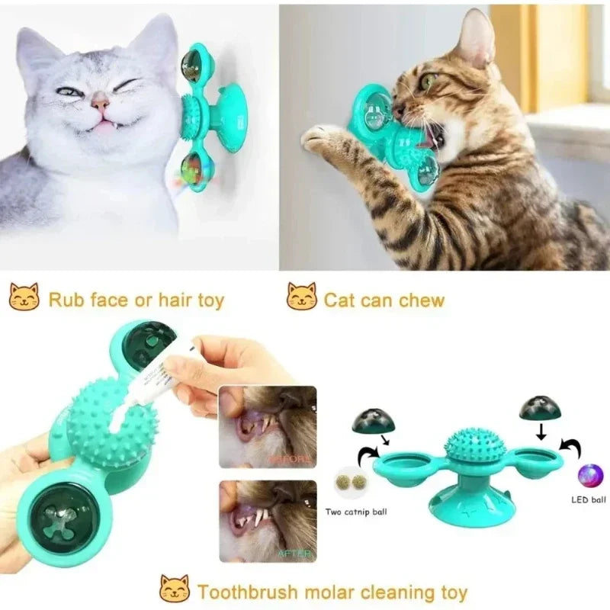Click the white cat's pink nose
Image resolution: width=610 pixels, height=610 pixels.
(x=100, y=101)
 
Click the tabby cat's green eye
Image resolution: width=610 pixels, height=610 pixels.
(x=429, y=81)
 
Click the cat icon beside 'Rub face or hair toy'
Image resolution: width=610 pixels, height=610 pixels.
(x=24, y=297)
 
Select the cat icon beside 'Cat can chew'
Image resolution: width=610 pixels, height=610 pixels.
(x=302, y=297)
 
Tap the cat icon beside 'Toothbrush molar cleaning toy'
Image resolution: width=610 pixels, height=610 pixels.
(x=175, y=589)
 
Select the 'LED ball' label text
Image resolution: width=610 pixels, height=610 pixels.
(x=588, y=500)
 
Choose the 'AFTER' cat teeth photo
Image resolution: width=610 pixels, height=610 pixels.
(x=267, y=520)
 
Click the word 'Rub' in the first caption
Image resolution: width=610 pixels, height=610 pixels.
(x=64, y=300)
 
